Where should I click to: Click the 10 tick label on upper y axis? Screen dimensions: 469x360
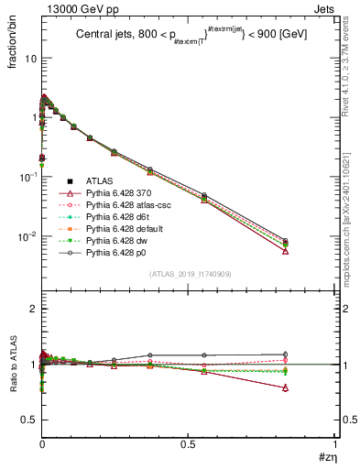(x=29, y=58)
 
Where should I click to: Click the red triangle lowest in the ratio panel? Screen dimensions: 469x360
(x=286, y=387)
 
